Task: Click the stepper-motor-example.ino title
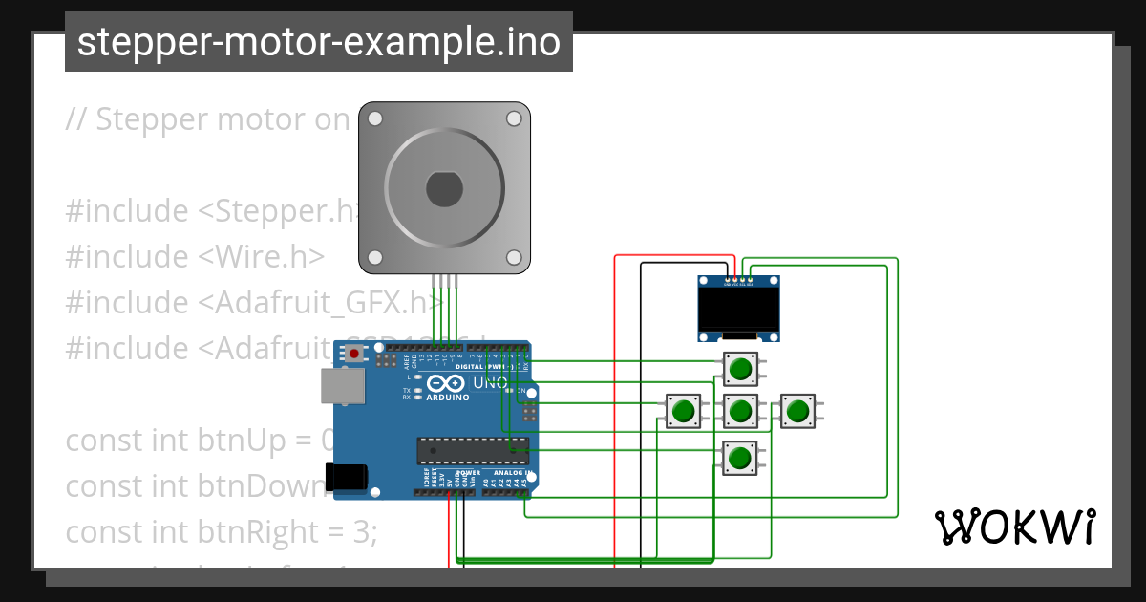pyautogui.click(x=318, y=42)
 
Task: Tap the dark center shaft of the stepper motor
pyautogui.click(x=445, y=188)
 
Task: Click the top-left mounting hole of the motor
pyautogui.click(x=375, y=118)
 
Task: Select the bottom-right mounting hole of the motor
pyautogui.click(x=514, y=257)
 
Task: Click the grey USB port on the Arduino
pyautogui.click(x=342, y=386)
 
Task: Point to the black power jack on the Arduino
pyautogui.click(x=346, y=477)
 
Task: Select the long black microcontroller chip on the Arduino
pyautogui.click(x=472, y=448)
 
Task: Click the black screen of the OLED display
pyautogui.click(x=740, y=309)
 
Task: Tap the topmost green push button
pyautogui.click(x=740, y=368)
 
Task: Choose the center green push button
pyautogui.click(x=740, y=412)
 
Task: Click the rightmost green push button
pyautogui.click(x=797, y=412)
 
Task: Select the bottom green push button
pyautogui.click(x=739, y=458)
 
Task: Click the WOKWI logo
pyautogui.click(x=1014, y=527)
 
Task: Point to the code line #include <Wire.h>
pyautogui.click(x=195, y=257)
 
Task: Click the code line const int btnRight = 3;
pyautogui.click(x=222, y=531)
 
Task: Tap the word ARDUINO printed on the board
pyautogui.click(x=447, y=397)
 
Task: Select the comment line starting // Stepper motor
pyautogui.click(x=208, y=119)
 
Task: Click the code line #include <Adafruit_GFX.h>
pyautogui.click(x=254, y=303)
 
